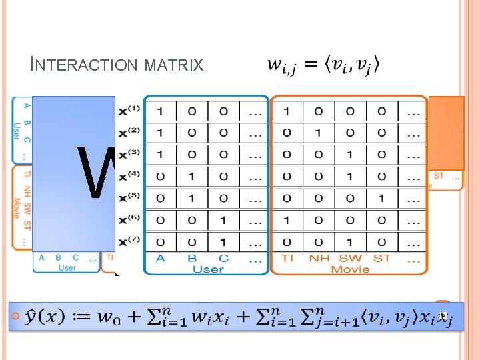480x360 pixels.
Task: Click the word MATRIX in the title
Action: tap(175, 65)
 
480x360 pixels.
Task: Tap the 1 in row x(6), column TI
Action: tap(287, 220)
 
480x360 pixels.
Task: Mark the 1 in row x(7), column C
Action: tap(224, 241)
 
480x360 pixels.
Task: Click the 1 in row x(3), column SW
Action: tap(350, 155)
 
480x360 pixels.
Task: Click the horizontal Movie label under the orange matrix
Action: tap(350, 269)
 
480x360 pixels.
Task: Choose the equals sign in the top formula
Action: tap(310, 65)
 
